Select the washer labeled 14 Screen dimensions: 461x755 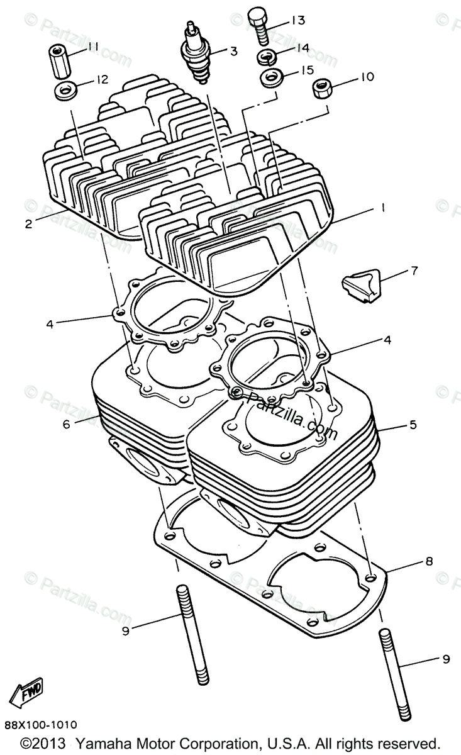coord(267,57)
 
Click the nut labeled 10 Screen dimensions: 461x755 coord(323,90)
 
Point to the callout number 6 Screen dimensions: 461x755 coord(67,424)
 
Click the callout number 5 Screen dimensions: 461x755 coord(413,425)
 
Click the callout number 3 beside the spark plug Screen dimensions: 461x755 coord(233,52)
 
